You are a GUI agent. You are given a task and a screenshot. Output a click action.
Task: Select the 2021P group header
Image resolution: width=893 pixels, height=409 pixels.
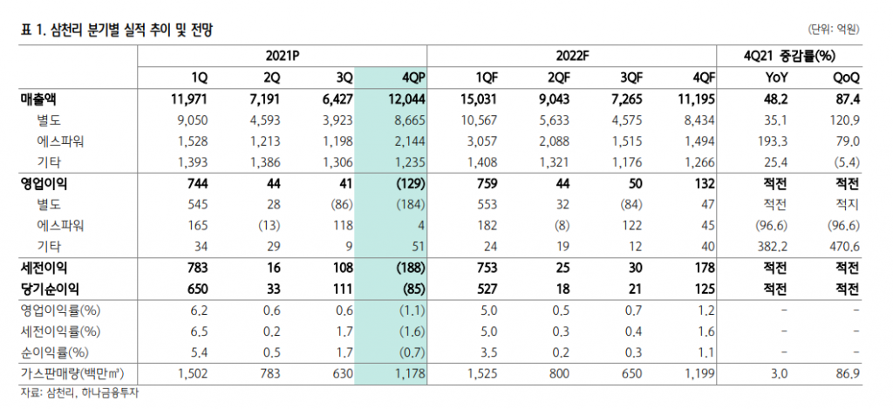coord(282,55)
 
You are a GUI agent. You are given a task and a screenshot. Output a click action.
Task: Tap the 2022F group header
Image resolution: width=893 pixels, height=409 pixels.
coord(574,55)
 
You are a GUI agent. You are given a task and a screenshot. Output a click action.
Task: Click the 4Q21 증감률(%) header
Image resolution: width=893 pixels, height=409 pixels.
coord(789,55)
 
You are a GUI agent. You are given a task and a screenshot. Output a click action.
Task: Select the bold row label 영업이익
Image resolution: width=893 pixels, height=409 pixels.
coord(44,184)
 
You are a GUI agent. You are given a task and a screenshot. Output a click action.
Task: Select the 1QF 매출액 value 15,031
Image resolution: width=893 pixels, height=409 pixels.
coord(477,99)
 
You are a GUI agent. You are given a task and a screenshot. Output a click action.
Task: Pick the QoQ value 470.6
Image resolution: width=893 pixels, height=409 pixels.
coord(845,247)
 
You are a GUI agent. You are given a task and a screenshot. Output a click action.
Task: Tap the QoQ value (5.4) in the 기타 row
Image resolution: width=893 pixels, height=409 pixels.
coord(845,162)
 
